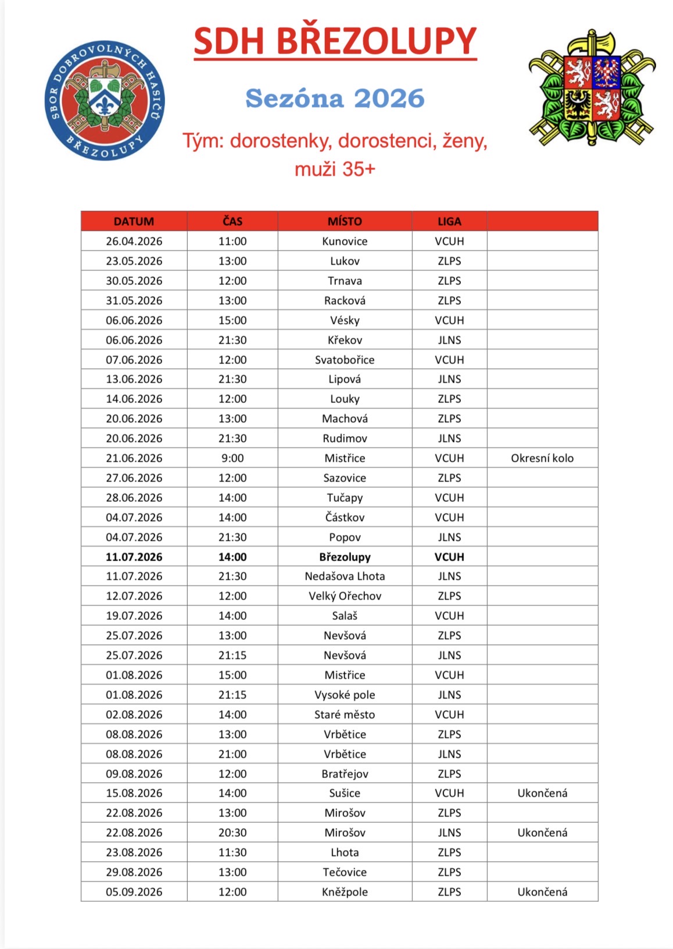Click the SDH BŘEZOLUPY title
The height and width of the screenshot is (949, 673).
pos(335,41)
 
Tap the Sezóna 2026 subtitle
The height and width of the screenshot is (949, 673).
pos(335,98)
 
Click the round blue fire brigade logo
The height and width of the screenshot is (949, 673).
pos(105,101)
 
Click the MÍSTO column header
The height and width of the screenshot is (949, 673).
pos(345,222)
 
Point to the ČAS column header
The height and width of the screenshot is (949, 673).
pos(232,222)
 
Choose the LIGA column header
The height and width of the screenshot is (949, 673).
pos(449,222)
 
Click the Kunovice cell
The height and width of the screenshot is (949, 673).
pos(345,241)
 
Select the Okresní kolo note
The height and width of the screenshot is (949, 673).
pos(542,458)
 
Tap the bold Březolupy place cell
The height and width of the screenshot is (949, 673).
pos(345,557)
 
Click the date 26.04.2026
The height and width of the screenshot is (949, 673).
pos(134,241)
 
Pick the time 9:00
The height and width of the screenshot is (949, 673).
pos(232,458)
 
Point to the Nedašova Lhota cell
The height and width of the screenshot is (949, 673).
pos(345,576)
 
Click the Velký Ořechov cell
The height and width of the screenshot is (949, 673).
pos(345,596)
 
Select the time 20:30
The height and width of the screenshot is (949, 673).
pos(232,833)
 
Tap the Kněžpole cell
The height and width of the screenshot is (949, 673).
pos(345,892)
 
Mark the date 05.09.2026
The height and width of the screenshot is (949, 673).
pos(134,892)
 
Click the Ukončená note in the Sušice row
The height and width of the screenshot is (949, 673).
pos(542,793)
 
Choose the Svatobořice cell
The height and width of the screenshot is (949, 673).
pos(345,360)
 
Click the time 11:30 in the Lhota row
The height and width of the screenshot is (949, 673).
pos(232,852)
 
